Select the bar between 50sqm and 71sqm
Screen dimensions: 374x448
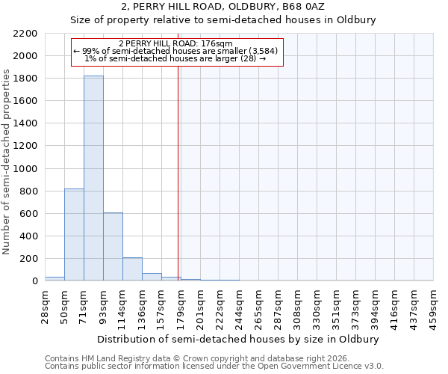[x=74, y=235]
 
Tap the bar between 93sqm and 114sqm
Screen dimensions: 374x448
[x=113, y=247]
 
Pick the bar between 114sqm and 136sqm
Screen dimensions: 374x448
[x=132, y=269]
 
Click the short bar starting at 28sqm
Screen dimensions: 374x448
[x=55, y=278]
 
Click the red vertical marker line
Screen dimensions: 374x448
[x=178, y=172]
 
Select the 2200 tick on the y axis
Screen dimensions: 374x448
[x=25, y=34]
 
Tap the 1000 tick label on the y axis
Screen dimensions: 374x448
[x=25, y=169]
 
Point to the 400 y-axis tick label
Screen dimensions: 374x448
[x=28, y=236]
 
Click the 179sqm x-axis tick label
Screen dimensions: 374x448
[x=181, y=305]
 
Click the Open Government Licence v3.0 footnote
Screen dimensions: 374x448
[x=214, y=367]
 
